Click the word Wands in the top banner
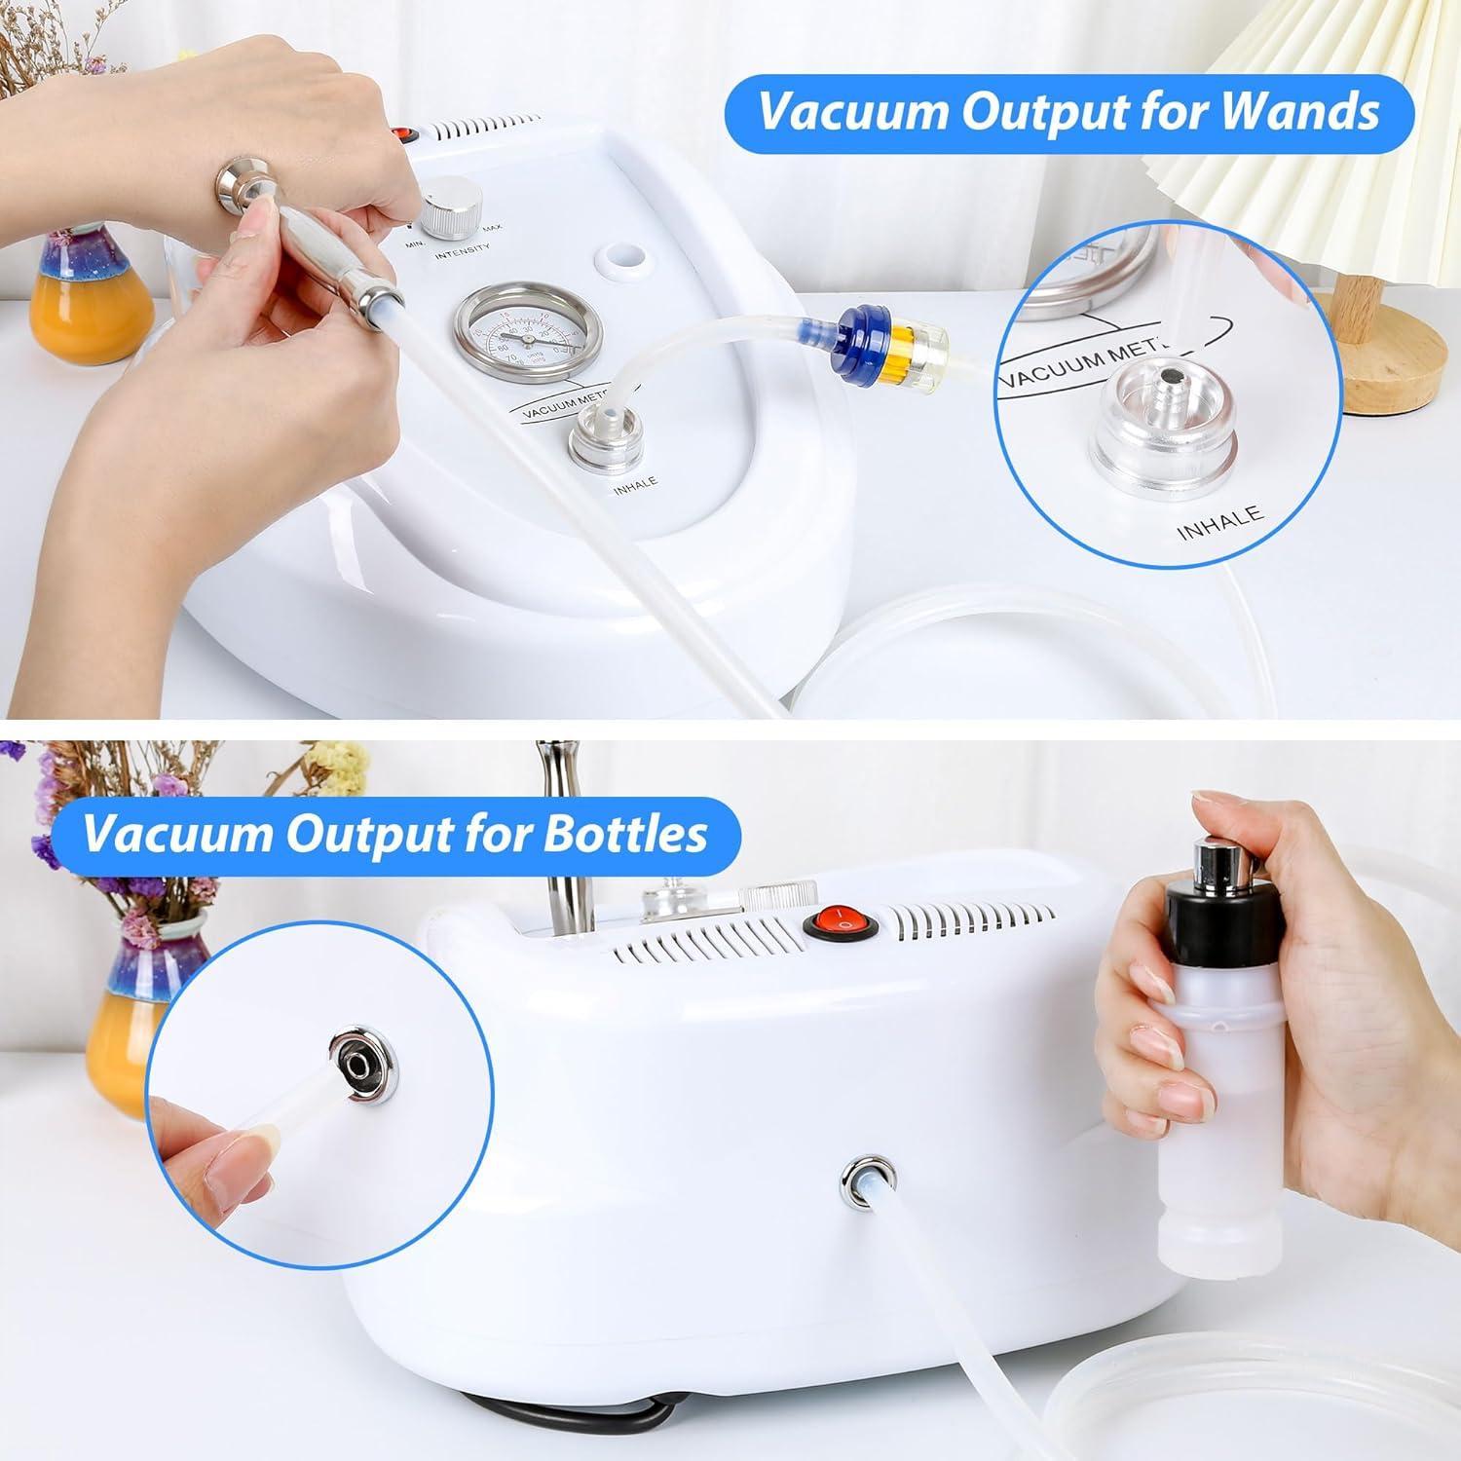click(1299, 112)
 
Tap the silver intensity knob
click(453, 207)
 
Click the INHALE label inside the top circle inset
click(1219, 523)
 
